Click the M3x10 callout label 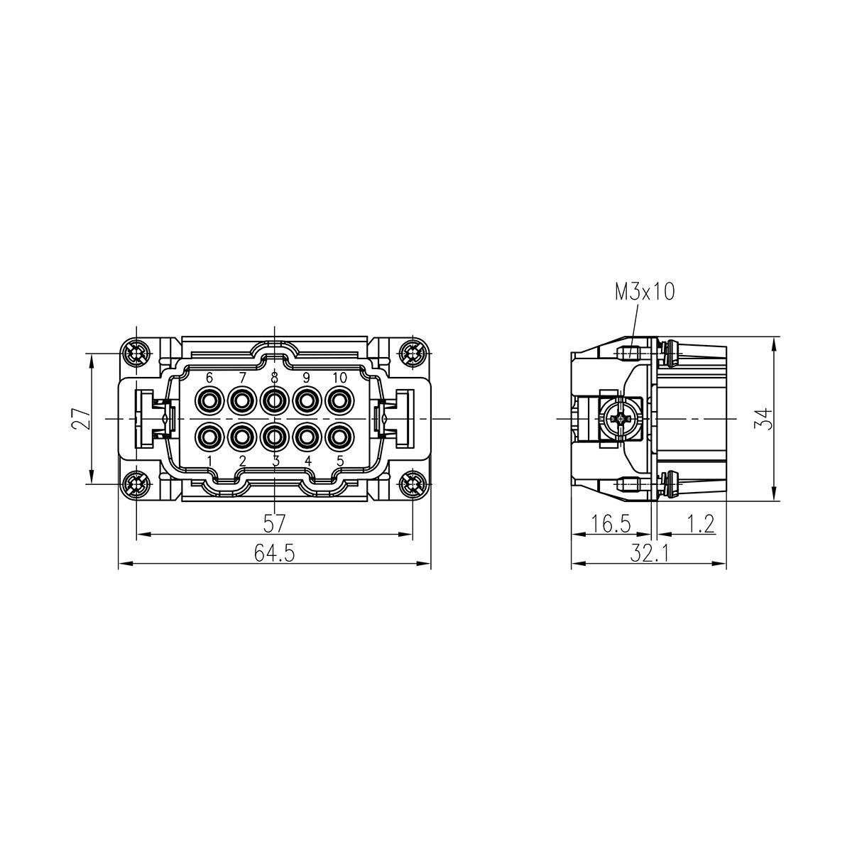[644, 293]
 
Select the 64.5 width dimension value [274, 552]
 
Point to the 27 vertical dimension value [81, 418]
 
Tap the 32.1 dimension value [649, 552]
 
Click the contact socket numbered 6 [209, 400]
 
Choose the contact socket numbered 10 [339, 400]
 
